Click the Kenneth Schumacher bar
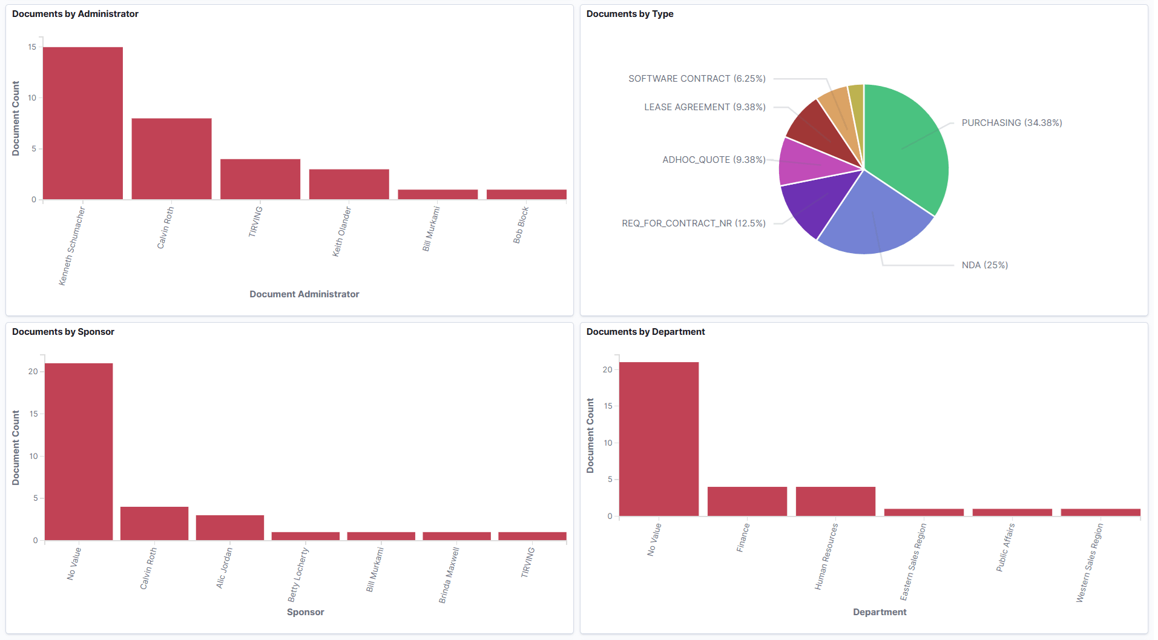(x=83, y=123)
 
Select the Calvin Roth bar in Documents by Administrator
(x=171, y=159)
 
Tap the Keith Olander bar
(x=349, y=184)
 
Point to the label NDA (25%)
(x=984, y=265)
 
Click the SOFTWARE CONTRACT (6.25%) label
(x=697, y=79)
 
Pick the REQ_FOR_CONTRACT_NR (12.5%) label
(x=693, y=223)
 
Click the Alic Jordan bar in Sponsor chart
(x=229, y=527)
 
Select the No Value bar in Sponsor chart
(x=79, y=451)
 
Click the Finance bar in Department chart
(x=747, y=501)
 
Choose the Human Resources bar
(x=835, y=501)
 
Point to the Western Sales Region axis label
(x=1090, y=562)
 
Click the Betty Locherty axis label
(x=298, y=574)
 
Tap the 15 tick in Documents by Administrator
(x=32, y=47)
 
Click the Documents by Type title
(x=630, y=14)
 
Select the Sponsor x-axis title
(x=305, y=612)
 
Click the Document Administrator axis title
(x=304, y=294)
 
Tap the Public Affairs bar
(x=1012, y=512)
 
